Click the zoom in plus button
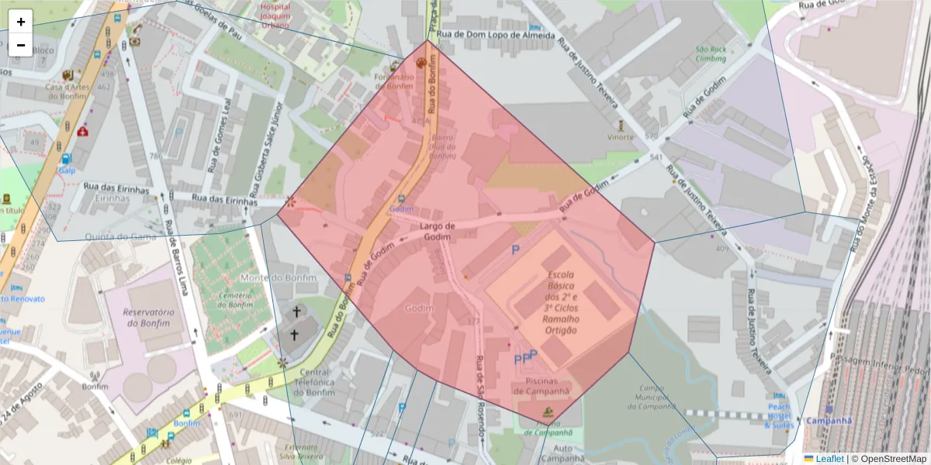point(20,22)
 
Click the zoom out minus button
point(20,45)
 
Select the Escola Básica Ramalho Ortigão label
point(572,302)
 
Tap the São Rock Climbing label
point(711,53)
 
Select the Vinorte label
point(620,137)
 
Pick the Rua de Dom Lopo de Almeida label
point(497,36)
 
